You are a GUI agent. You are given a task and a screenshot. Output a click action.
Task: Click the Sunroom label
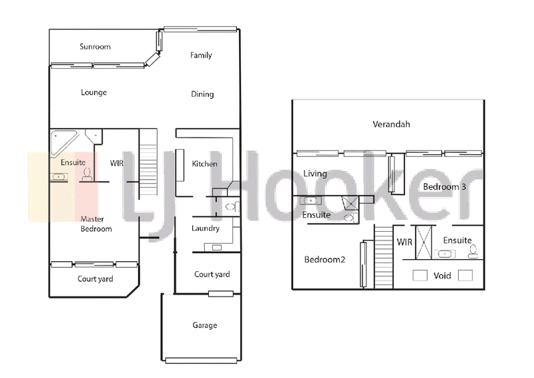(x=95, y=46)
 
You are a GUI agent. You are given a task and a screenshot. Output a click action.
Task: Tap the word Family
(x=201, y=55)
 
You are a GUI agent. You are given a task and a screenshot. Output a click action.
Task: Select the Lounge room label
(x=93, y=92)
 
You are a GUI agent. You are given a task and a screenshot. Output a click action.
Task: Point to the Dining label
(x=202, y=94)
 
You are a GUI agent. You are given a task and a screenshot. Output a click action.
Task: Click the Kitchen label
(x=204, y=164)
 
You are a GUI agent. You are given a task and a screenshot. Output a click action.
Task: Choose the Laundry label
(x=206, y=228)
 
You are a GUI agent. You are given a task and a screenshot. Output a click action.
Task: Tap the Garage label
(x=205, y=325)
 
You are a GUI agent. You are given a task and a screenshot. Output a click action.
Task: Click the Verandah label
(x=391, y=124)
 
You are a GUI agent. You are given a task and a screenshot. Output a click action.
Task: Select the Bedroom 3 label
(x=445, y=187)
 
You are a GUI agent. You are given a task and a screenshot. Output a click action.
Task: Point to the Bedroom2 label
(x=324, y=260)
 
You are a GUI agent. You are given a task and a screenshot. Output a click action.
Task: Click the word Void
(x=442, y=275)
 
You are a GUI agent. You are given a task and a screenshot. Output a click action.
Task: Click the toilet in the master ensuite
(x=87, y=174)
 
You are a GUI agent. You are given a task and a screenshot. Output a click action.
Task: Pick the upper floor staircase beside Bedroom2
(x=384, y=257)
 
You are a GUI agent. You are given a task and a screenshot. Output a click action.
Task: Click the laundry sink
(x=216, y=248)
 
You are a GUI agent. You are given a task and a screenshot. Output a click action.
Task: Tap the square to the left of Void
(x=420, y=275)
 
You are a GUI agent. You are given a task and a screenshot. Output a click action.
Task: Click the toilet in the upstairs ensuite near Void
(x=473, y=252)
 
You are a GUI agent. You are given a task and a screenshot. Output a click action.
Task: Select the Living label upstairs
(x=315, y=174)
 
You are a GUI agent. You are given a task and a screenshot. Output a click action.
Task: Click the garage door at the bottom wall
(x=202, y=360)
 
